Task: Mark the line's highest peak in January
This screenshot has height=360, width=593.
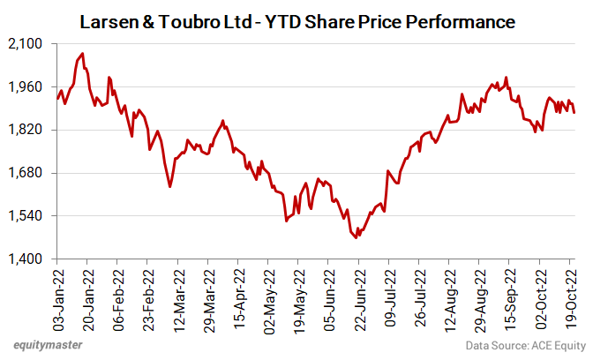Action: click(82, 54)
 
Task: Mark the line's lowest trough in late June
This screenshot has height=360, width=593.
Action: click(356, 237)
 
